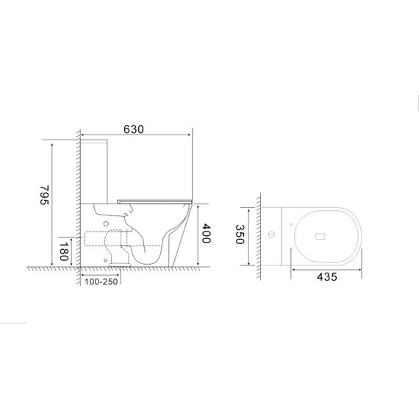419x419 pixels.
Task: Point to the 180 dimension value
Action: [65, 251]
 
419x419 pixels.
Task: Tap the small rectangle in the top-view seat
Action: [319, 237]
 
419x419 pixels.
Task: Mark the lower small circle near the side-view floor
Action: [110, 259]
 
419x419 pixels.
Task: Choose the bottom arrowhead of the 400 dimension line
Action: [201, 264]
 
